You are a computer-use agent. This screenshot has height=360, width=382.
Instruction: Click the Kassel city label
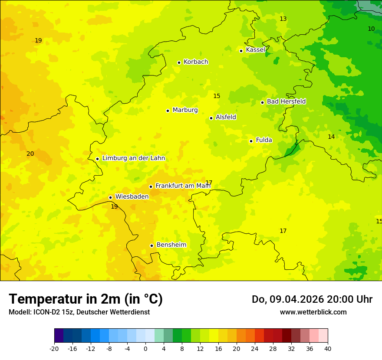click(255, 50)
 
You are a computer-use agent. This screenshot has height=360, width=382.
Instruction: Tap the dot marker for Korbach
click(179, 62)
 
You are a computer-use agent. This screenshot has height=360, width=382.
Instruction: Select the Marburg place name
click(185, 110)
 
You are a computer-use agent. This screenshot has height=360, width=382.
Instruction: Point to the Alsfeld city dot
click(211, 118)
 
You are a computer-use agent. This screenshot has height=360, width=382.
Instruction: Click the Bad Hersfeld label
click(286, 101)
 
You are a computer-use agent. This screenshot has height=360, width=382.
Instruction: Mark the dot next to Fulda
click(251, 141)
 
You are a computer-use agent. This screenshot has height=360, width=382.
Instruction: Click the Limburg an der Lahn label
click(133, 158)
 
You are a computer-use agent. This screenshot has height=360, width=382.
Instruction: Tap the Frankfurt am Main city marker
click(151, 187)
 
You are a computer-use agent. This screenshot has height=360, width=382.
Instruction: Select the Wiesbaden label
click(132, 196)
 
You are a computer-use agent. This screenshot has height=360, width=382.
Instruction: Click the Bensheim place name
click(171, 245)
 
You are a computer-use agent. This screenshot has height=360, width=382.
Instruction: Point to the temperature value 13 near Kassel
click(283, 19)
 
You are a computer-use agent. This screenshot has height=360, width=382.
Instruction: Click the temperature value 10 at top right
click(371, 29)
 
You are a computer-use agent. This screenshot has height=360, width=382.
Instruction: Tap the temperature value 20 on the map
click(30, 154)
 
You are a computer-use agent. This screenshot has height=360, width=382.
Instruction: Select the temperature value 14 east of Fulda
click(331, 137)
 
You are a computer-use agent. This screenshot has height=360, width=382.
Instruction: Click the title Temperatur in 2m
click(86, 299)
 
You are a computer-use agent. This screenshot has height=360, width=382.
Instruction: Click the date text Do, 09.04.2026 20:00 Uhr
click(312, 299)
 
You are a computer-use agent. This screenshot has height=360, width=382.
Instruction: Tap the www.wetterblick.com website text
click(313, 312)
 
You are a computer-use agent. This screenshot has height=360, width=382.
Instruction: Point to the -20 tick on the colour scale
click(54, 348)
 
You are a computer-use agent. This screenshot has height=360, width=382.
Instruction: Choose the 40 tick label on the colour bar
click(328, 348)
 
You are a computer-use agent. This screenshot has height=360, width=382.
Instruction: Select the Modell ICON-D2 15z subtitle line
click(79, 312)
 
